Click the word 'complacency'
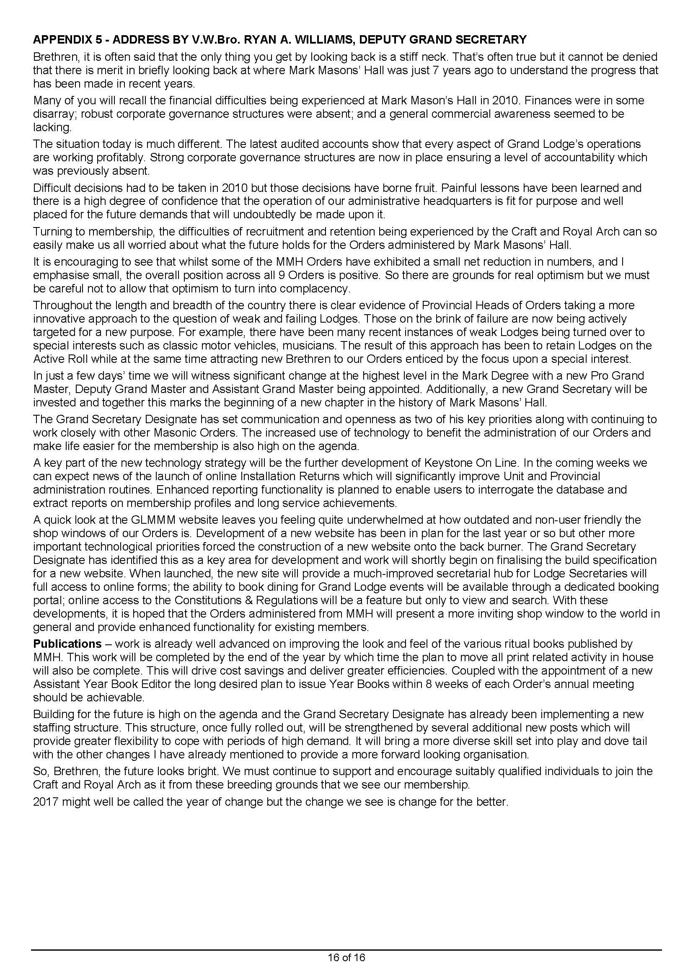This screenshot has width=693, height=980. [314, 289]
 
